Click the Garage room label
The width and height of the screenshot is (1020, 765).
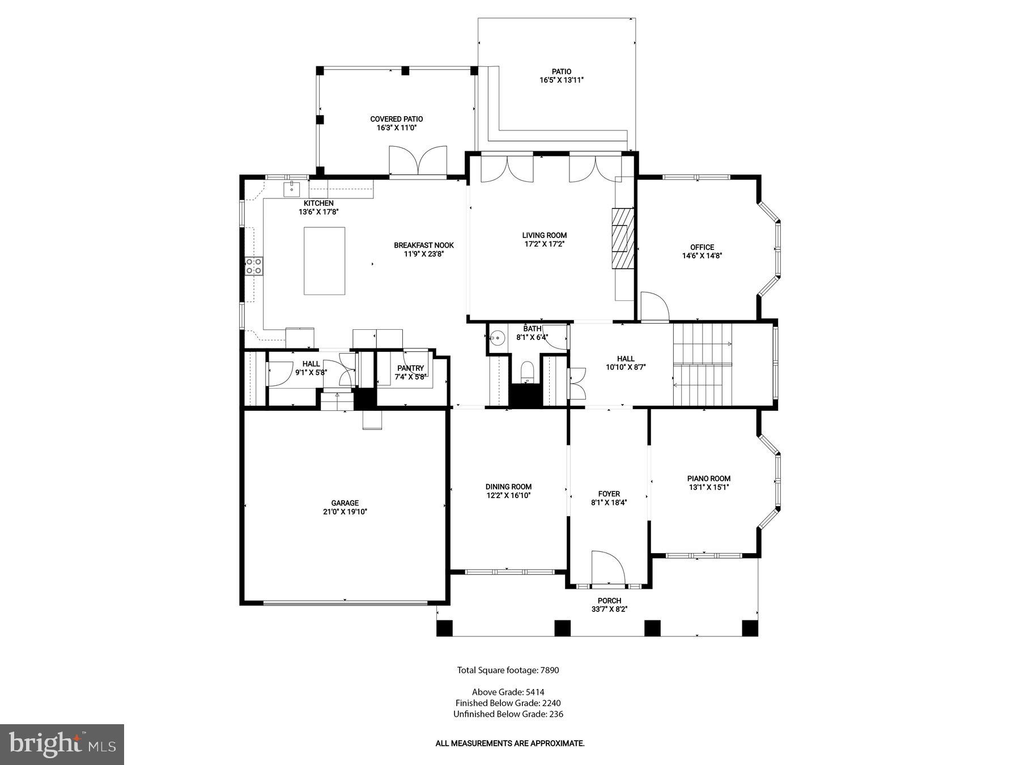(x=345, y=503)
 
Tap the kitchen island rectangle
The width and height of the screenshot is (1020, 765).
(x=324, y=261)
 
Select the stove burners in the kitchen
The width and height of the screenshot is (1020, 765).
(x=253, y=266)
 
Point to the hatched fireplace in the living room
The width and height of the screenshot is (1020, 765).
(x=622, y=237)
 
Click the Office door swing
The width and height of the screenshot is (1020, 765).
(x=654, y=307)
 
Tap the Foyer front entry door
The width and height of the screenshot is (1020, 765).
(x=607, y=566)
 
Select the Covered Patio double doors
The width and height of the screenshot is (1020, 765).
(x=418, y=161)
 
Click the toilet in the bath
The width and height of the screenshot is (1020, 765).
(x=527, y=372)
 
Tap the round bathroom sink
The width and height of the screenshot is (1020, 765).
(x=497, y=338)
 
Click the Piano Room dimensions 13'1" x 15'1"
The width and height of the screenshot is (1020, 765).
(x=708, y=487)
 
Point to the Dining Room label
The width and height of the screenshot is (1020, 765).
(x=508, y=486)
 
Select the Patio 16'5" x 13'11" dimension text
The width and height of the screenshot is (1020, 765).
(x=561, y=80)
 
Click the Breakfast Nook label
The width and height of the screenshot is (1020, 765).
(x=424, y=245)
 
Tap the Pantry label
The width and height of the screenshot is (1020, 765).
(x=410, y=368)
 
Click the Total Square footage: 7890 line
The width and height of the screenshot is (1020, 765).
(x=508, y=670)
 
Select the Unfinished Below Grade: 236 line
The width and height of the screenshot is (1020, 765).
(x=508, y=714)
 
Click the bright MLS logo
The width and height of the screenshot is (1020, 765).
(x=62, y=745)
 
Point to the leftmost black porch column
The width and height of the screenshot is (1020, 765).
(x=445, y=628)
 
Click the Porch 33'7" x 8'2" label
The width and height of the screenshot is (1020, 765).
(x=609, y=601)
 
